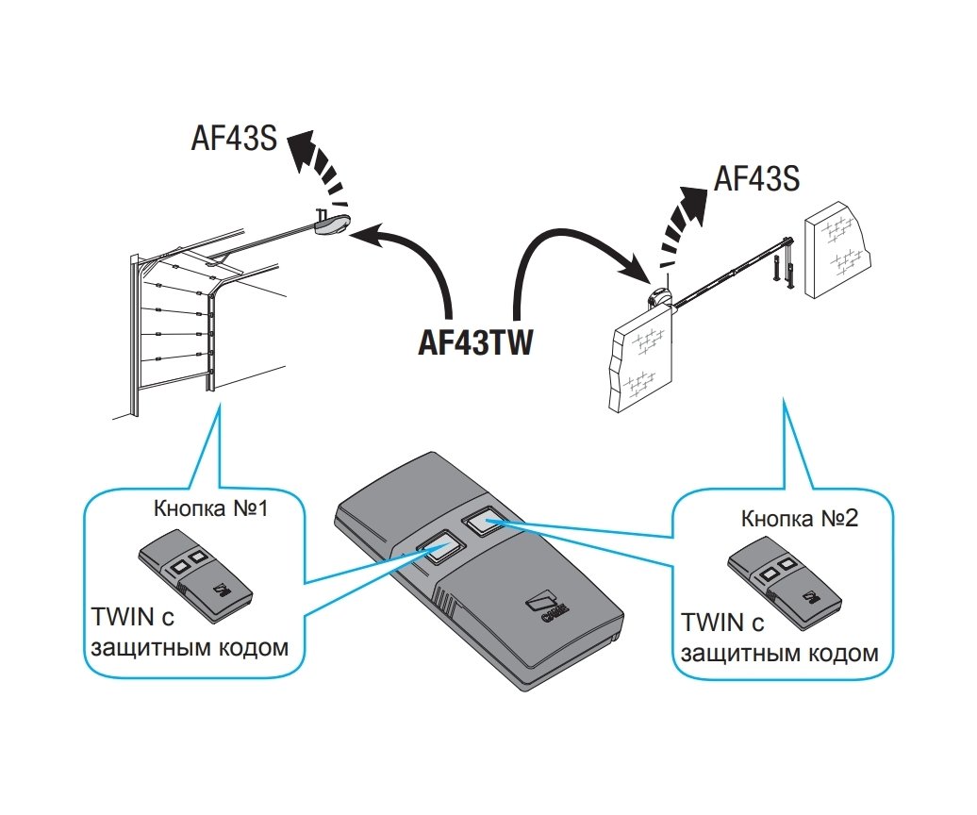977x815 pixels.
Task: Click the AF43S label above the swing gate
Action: [x=757, y=178]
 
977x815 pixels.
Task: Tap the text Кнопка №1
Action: [x=211, y=509]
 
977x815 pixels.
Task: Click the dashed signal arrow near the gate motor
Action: [x=683, y=223]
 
